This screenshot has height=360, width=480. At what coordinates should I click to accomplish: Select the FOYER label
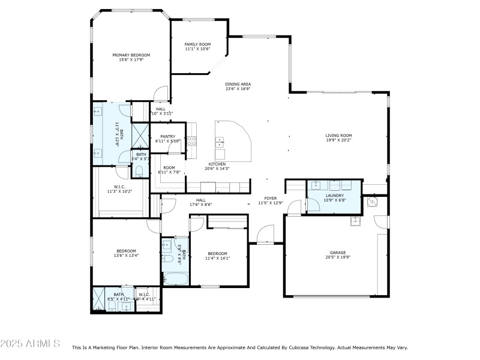coord(270,199)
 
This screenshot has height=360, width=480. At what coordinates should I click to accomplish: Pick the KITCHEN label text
coord(217,164)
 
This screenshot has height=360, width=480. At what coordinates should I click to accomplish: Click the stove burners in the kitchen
coord(193,142)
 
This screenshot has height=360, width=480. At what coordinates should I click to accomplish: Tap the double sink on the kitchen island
coord(220,142)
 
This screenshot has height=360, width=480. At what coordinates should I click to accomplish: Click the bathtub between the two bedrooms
coord(175,278)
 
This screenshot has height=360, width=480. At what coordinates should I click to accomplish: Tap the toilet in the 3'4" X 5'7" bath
coord(140,172)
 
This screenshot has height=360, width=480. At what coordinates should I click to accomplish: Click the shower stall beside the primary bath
coord(140,134)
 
